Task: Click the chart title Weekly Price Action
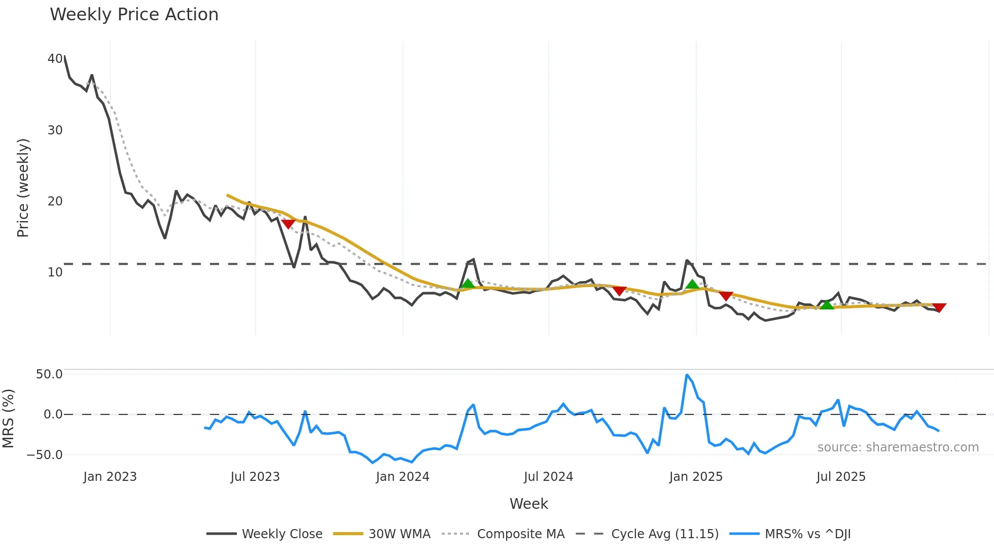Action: tap(134, 15)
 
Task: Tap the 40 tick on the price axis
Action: tap(55, 59)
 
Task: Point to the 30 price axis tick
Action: tap(55, 130)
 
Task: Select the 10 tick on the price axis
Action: tap(55, 272)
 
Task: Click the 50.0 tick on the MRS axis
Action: tap(49, 374)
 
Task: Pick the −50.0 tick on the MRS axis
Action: tap(45, 455)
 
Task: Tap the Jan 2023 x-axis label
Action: tap(110, 477)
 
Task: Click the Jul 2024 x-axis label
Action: tap(548, 477)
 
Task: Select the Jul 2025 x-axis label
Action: tap(841, 477)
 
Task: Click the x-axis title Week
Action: tap(528, 504)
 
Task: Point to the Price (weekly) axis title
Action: tap(23, 188)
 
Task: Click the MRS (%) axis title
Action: tap(8, 418)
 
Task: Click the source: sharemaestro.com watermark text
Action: tap(898, 447)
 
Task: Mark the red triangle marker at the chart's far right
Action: tap(939, 307)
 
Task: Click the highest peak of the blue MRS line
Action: tap(687, 375)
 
